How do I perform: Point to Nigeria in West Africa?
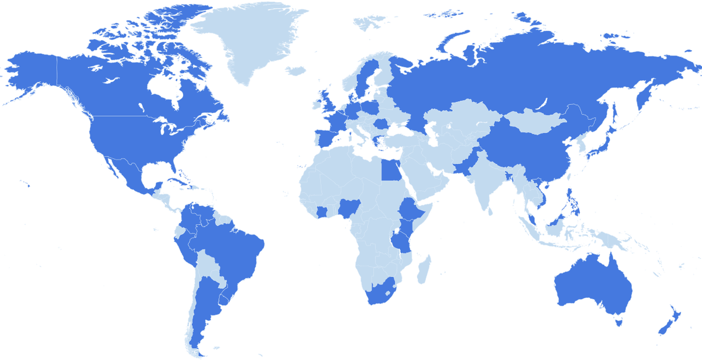tap(352, 208)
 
